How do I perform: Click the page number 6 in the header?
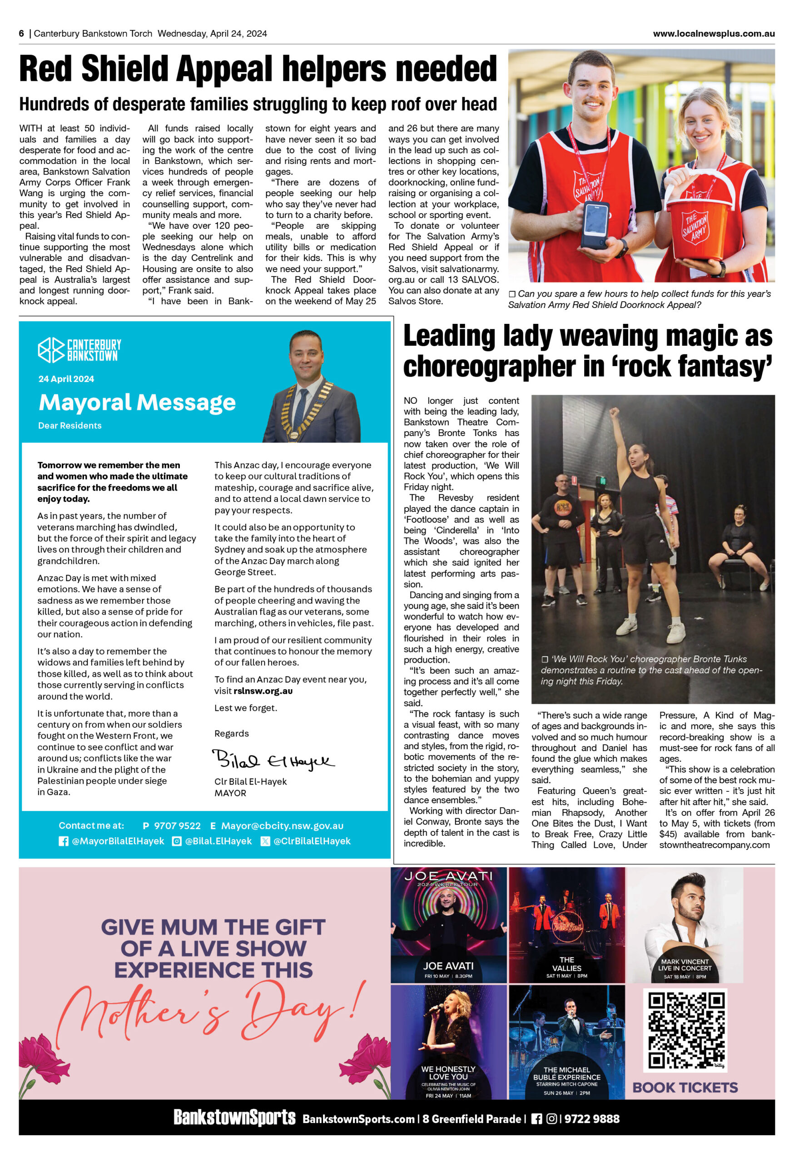pyautogui.click(x=21, y=34)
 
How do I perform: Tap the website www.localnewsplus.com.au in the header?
pyautogui.click(x=714, y=34)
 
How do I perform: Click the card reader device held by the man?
pyautogui.click(x=595, y=225)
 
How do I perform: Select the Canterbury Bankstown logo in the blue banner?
pyautogui.click(x=79, y=350)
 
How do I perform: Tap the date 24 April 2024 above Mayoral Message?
pyautogui.click(x=66, y=379)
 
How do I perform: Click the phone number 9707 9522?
pyautogui.click(x=177, y=826)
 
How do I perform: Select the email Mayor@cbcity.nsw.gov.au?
pyautogui.click(x=282, y=826)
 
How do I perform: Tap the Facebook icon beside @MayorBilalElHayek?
pyautogui.click(x=64, y=841)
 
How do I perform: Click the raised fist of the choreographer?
pyautogui.click(x=615, y=413)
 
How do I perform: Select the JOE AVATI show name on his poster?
pyautogui.click(x=448, y=966)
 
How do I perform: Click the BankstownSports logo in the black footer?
pyautogui.click(x=234, y=1118)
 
